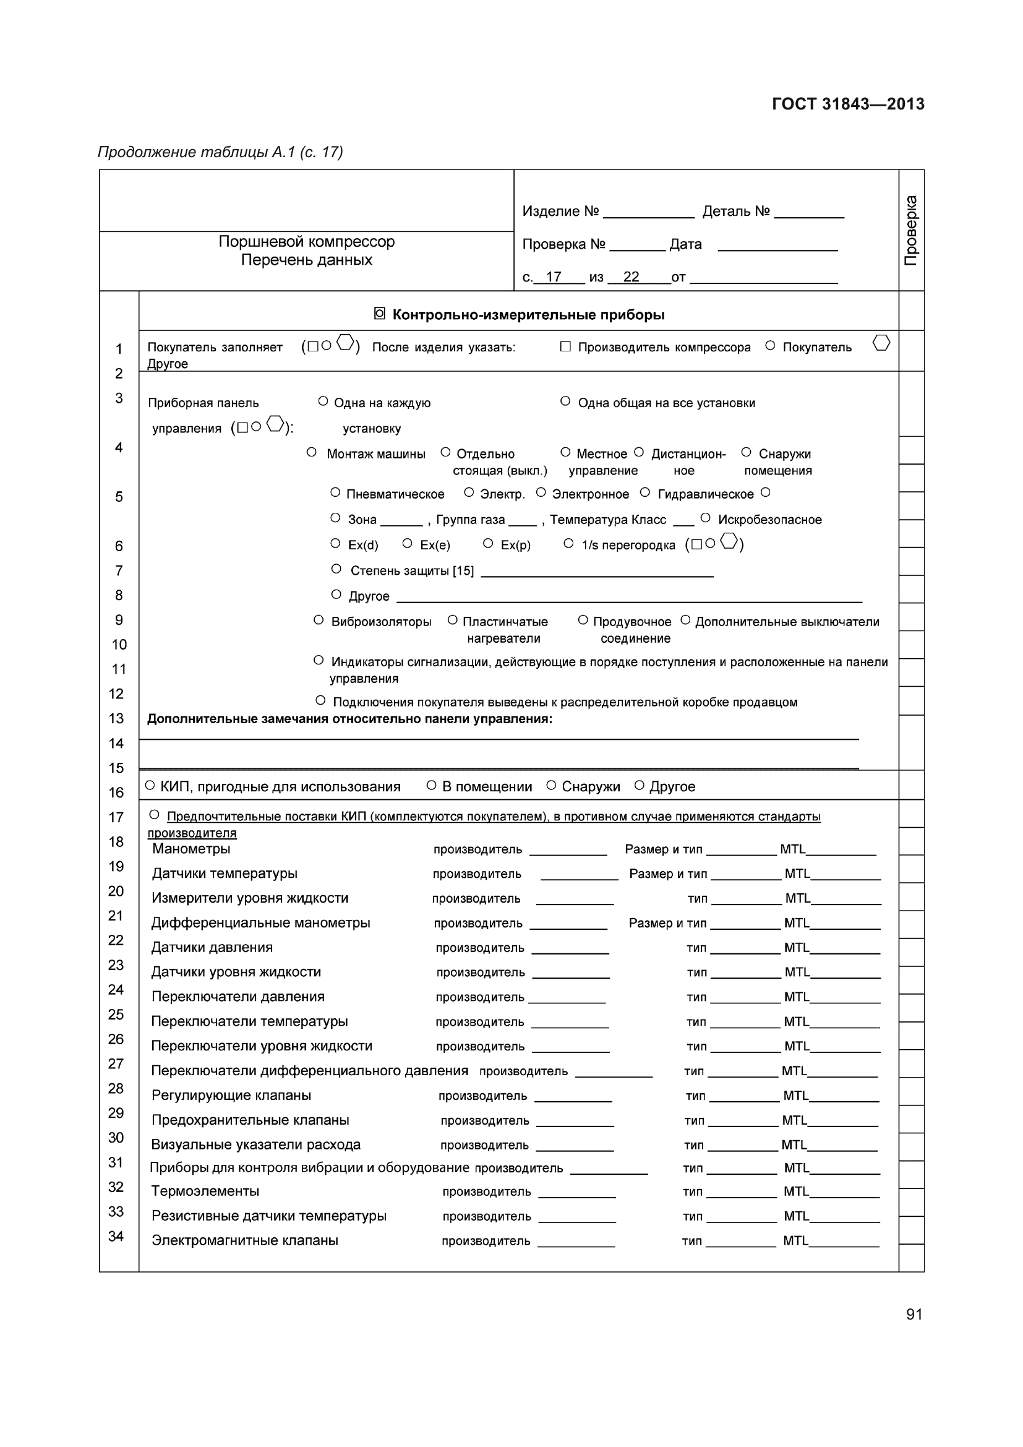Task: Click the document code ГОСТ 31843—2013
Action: coord(848,104)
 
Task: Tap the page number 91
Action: coord(914,1314)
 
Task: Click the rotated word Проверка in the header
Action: coord(911,230)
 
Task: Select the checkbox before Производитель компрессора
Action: coord(565,346)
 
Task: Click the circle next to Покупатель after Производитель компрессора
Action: coord(770,346)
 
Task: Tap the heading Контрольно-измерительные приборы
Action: coord(528,314)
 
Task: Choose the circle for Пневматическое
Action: coord(335,493)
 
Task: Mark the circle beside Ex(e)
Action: coord(407,543)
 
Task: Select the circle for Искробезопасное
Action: coord(706,518)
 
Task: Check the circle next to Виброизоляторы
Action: coord(319,620)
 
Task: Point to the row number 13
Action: coord(116,718)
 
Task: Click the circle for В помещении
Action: coord(432,785)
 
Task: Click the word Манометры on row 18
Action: coord(192,849)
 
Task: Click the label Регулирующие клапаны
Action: coord(231,1096)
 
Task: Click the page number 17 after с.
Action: coord(554,277)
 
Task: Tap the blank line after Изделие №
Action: coord(648,213)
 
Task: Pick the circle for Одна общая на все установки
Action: coord(565,401)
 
